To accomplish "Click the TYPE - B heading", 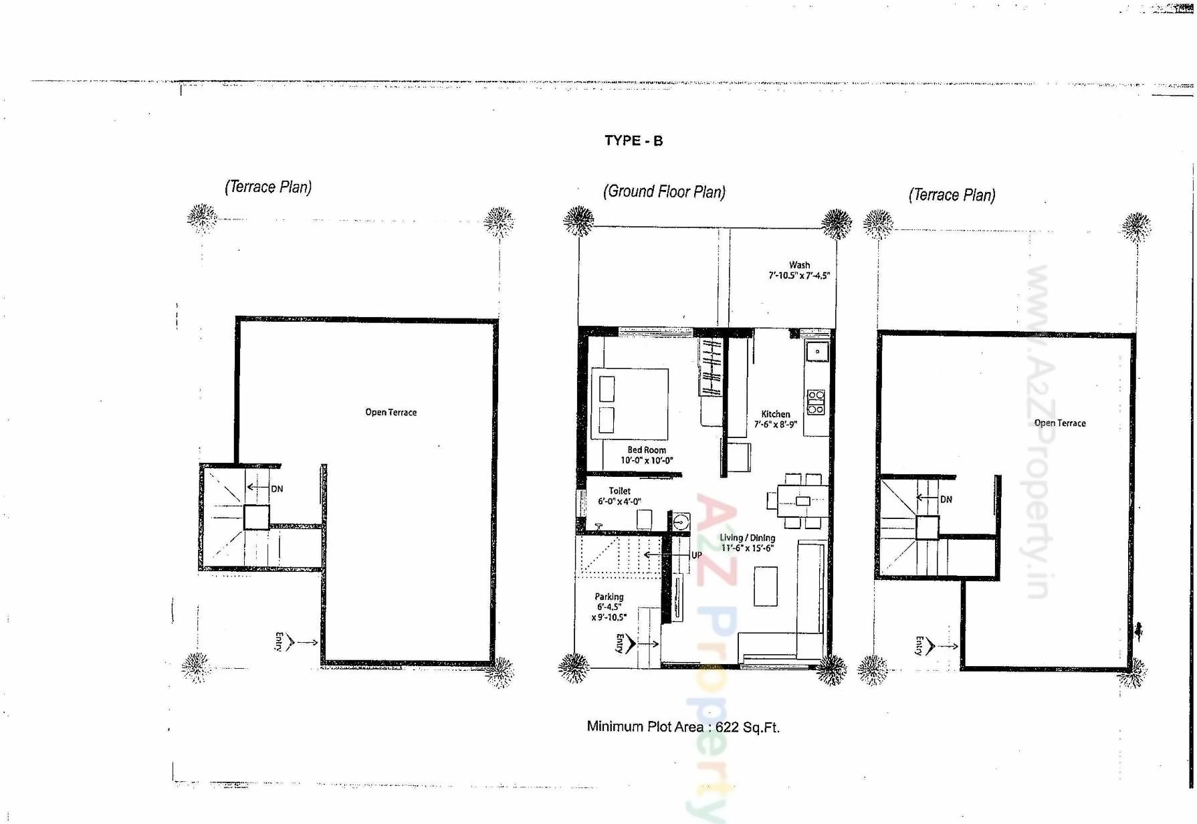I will (633, 140).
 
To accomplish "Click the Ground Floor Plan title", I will (664, 192).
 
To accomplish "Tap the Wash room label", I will (799, 265).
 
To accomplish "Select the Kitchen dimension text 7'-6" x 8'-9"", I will (775, 424).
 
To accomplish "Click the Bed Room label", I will (647, 450).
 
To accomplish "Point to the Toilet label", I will (619, 491).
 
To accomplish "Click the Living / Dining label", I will (747, 538).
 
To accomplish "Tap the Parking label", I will (609, 597).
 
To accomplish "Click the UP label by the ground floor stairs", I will (696, 555).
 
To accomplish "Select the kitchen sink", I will (817, 351).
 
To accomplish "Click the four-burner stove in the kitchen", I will (816, 401).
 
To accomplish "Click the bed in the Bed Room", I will (630, 403).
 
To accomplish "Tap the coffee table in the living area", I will (766, 586).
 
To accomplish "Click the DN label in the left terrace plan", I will (277, 489).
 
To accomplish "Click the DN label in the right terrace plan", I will (946, 500).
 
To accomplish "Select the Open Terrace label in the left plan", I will (391, 412).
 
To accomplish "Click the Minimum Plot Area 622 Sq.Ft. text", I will (683, 727).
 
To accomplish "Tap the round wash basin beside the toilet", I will (681, 521).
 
